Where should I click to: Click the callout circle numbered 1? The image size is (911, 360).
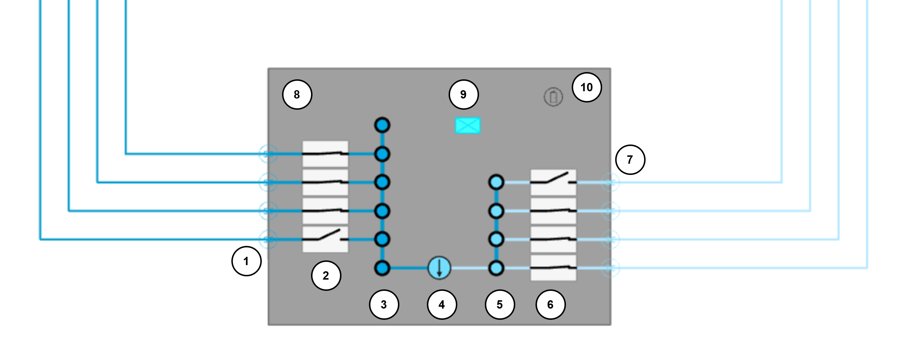coord(246,261)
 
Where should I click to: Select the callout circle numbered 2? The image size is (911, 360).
coord(326,276)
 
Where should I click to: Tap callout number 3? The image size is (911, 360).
coord(384,305)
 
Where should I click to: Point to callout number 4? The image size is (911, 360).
coord(442,305)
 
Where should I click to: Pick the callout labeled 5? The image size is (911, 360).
coord(500,305)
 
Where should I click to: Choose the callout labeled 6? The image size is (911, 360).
coord(550,305)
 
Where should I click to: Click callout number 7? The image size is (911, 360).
coord(630,160)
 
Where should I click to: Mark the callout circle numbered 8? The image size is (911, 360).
coord(297,95)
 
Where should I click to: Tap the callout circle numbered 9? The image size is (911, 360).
coord(463,95)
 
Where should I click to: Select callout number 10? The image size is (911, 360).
coord(587,87)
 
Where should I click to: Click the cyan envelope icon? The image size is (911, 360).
coord(468,126)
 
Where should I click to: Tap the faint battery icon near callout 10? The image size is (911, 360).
coord(553,97)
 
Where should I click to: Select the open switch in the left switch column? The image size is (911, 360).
coord(325,239)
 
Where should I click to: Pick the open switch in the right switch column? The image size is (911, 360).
coord(553,182)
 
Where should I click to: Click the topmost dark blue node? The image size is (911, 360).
coord(382,125)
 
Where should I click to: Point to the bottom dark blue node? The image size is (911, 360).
coord(382,268)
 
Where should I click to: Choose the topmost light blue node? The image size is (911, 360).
coord(496,182)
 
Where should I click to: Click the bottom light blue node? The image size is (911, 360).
coord(496,268)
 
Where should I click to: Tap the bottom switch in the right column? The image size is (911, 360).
coord(553,268)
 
